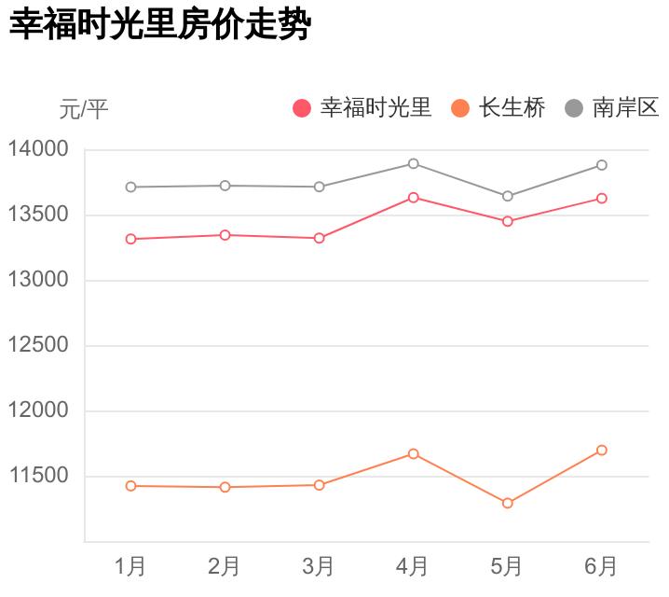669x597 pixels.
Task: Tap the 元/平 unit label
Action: (x=84, y=109)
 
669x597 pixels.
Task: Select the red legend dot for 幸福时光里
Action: (x=301, y=108)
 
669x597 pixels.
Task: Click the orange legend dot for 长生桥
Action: (x=459, y=108)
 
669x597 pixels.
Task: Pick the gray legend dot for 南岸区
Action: (x=574, y=108)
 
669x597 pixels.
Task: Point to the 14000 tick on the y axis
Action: (x=38, y=149)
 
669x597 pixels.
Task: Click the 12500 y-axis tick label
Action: (x=38, y=345)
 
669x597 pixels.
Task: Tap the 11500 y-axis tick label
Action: (x=38, y=476)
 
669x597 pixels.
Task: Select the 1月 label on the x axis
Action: (x=130, y=565)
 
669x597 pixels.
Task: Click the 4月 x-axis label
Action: (x=413, y=565)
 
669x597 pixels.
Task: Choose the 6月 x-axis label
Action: (x=601, y=565)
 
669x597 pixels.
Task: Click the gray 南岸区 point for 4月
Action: (x=414, y=164)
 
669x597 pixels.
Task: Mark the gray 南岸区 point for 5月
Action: (x=508, y=196)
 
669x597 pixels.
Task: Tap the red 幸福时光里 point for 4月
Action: (x=414, y=198)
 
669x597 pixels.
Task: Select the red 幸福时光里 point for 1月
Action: (x=130, y=240)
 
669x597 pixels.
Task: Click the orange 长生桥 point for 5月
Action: (x=508, y=504)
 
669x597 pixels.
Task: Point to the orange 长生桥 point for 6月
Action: (x=602, y=451)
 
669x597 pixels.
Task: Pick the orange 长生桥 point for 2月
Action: (x=225, y=487)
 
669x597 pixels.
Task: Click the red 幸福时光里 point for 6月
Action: (x=602, y=199)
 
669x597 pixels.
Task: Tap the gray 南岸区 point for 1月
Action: (x=130, y=187)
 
